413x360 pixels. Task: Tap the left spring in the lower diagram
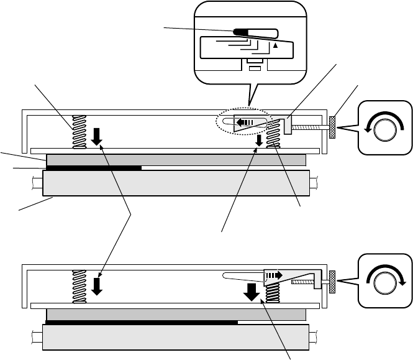click(79, 287)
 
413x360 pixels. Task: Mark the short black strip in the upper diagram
click(94, 167)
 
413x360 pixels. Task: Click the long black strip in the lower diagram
click(142, 323)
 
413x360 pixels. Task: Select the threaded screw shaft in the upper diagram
click(309, 127)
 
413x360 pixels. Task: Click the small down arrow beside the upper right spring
click(259, 142)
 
